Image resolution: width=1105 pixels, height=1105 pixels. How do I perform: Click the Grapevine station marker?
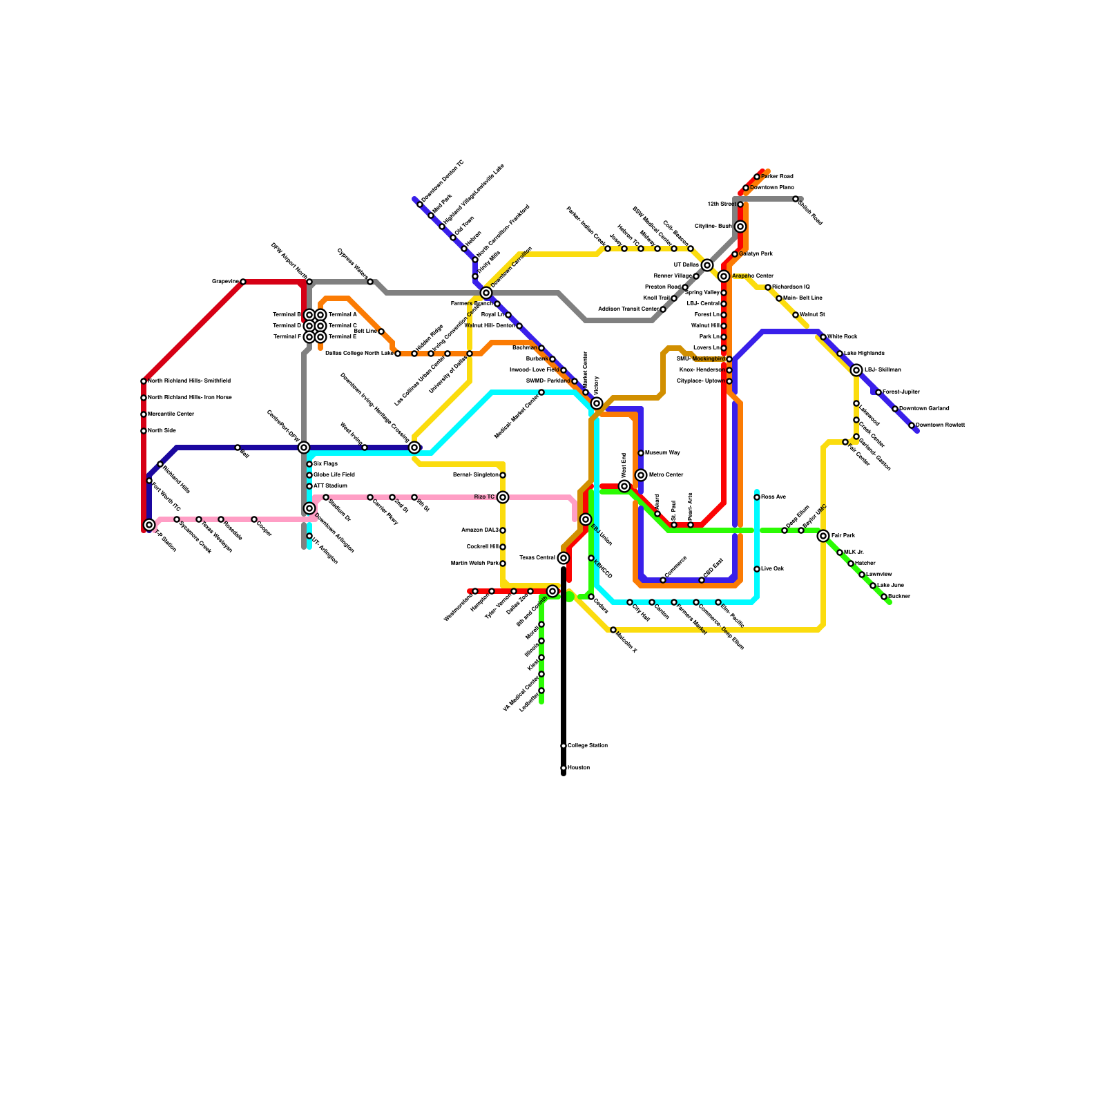point(242,282)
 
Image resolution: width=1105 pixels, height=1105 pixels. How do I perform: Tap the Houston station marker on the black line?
point(564,768)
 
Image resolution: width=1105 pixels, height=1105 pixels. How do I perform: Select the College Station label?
point(588,746)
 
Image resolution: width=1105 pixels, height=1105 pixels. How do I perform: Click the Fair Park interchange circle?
point(823,536)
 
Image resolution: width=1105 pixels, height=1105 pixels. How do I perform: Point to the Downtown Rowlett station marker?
point(912,425)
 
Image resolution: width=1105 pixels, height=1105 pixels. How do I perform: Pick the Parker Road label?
point(778,177)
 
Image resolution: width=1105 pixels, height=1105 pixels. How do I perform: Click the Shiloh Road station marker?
point(796,199)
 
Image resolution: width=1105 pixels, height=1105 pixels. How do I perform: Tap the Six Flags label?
point(325,464)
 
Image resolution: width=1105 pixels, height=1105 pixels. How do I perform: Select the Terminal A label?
point(342,315)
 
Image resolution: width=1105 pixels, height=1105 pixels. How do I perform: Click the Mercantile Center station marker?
point(144,414)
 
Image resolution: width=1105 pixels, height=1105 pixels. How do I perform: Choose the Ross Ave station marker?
point(757,497)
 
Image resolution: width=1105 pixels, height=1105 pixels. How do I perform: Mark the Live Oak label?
point(773,569)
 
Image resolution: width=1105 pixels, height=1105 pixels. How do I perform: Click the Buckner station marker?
point(884,597)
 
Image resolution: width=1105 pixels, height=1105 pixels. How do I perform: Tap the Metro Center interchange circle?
point(641,475)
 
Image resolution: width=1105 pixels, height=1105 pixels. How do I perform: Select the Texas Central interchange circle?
point(564,558)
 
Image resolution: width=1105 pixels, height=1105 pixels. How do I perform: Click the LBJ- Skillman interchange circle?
point(856,370)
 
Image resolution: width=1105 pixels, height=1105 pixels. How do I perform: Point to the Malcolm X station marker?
point(613,630)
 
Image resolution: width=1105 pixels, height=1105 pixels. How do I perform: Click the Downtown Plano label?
point(772,188)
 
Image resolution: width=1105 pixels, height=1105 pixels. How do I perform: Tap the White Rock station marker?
point(823,337)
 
